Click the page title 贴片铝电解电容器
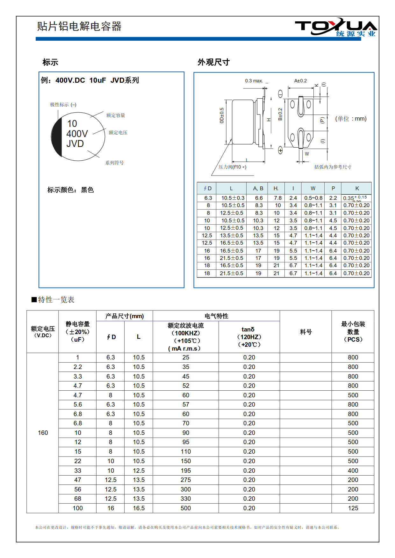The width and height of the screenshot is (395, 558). point(79,26)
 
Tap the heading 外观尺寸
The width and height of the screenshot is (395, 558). point(213,62)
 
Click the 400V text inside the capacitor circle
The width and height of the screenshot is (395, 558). point(77,134)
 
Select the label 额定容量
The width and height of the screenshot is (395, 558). point(116,115)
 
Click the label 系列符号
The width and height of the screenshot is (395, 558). point(114,163)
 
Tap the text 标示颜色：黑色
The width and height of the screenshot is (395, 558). point(70,190)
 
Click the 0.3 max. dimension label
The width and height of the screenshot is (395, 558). point(254,81)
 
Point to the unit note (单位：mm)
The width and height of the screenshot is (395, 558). point(351,119)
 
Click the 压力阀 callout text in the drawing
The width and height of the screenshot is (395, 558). point(232,167)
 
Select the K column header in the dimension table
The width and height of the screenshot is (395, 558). point(357,188)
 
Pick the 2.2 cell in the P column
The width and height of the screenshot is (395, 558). point(333,198)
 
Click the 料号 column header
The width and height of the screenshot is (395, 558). point(305,332)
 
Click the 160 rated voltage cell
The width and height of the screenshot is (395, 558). point(43,433)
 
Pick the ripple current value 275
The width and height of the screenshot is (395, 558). point(186,480)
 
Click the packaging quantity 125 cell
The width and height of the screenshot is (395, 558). point(353,508)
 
